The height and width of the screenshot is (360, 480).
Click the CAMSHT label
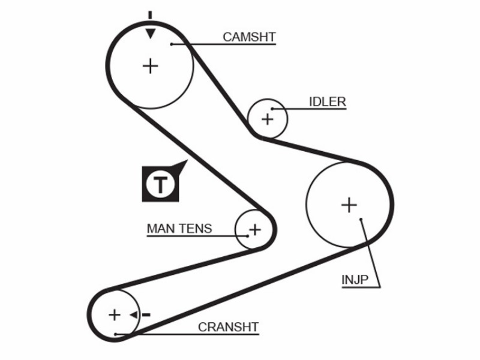(x=249, y=37)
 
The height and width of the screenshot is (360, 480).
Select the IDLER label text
(x=328, y=101)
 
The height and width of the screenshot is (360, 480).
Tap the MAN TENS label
(x=179, y=229)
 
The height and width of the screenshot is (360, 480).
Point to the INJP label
(x=355, y=280)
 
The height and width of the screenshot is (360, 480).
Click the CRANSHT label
(x=229, y=327)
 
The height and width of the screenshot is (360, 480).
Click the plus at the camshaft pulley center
(x=151, y=66)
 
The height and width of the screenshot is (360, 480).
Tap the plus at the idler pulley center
(x=267, y=119)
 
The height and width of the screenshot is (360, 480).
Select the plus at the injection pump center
(x=349, y=205)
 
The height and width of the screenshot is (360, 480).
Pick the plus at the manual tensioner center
(x=254, y=230)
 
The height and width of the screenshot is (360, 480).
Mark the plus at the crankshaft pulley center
(x=115, y=314)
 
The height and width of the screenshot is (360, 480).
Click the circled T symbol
(x=160, y=185)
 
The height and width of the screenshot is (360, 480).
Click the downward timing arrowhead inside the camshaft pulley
(x=151, y=34)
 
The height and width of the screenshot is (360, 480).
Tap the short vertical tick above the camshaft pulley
(x=150, y=15)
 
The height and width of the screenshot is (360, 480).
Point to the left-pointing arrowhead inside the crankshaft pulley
(x=133, y=314)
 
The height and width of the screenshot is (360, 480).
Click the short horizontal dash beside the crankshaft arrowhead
(x=146, y=314)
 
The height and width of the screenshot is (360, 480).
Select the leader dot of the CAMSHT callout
(x=172, y=44)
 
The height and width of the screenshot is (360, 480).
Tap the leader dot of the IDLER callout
(x=272, y=109)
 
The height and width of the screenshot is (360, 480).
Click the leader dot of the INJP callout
(x=361, y=219)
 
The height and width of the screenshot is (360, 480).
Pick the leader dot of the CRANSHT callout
(x=115, y=334)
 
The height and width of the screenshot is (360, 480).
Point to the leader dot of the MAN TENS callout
(x=247, y=236)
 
